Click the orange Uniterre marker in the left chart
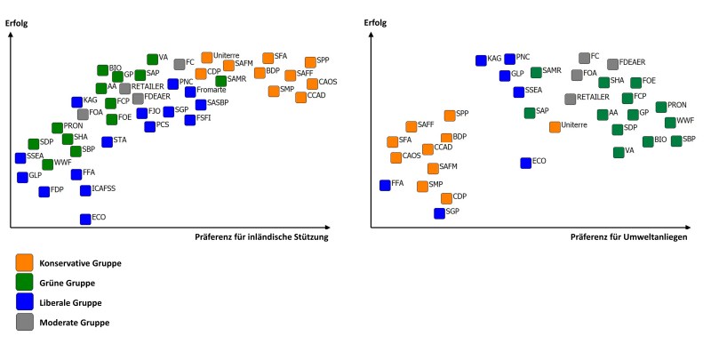pos(207,58)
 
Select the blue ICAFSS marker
pos(85,190)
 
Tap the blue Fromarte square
pos(190,92)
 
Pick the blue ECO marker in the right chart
pos(526,163)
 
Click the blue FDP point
pos(44,191)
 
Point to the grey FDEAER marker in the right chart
pos(612,64)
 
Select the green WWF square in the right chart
pos(670,122)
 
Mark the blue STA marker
pos(108,141)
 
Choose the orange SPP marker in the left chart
pos(310,62)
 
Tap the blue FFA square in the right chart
pos(385,185)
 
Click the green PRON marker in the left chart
pos(58,128)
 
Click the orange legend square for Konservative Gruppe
pos(24,262)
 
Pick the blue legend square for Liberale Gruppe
pos(24,303)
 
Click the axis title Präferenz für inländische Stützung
pos(262,237)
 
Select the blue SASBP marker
pos(201,105)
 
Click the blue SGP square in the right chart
pos(439,213)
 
